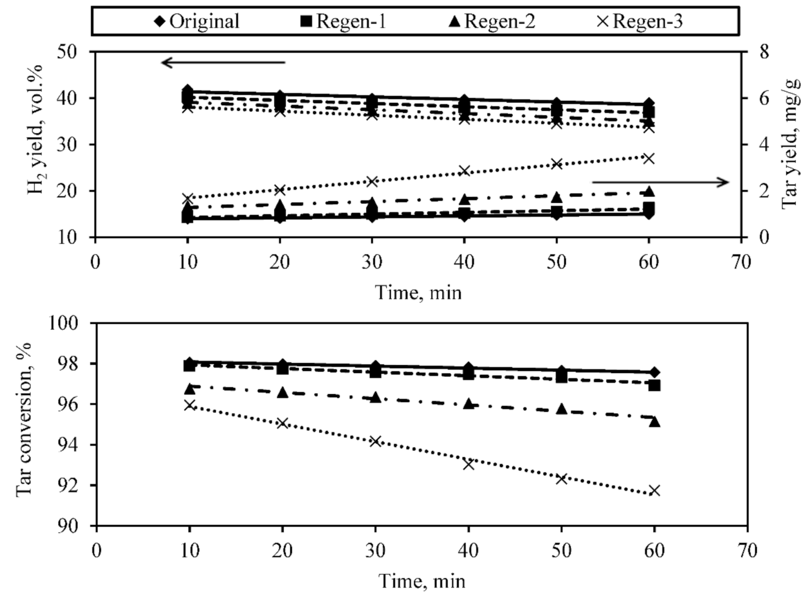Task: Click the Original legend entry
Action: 197,21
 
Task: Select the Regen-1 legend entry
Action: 343,21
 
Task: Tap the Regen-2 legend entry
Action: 492,21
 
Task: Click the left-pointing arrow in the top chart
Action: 223,63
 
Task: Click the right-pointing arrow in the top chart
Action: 660,182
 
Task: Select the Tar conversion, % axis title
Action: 24,420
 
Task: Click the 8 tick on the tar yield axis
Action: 764,52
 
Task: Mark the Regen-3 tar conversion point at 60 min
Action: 654,490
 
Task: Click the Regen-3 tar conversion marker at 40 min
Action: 468,464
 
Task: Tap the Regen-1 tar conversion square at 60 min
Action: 654,385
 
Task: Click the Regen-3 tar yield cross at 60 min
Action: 649,158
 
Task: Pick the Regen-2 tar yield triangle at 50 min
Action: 556,198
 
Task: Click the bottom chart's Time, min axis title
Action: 422,581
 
